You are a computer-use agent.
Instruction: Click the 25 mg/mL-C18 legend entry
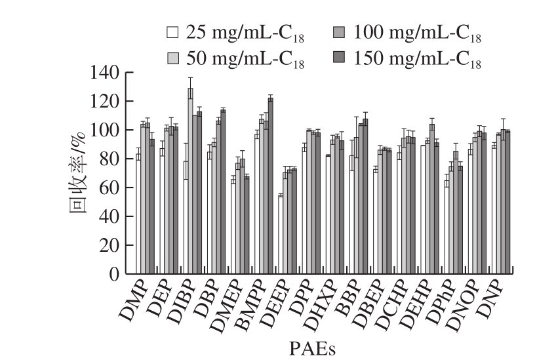[x=216, y=32]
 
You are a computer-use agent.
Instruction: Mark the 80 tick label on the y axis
[x=112, y=159]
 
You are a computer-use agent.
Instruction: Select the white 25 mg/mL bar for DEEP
[x=281, y=234]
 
